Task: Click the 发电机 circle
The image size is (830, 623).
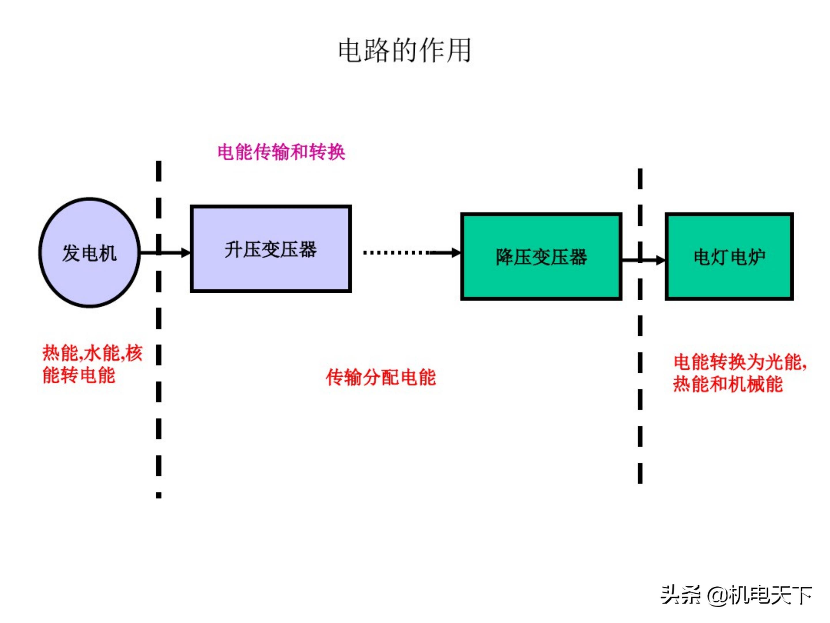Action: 89,253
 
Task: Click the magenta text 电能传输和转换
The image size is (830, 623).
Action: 281,152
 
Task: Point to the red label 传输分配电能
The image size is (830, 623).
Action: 380,377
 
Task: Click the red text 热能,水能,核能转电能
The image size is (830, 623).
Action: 92,364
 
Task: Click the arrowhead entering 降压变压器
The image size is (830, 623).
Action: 456,253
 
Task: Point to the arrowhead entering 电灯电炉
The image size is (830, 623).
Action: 661,260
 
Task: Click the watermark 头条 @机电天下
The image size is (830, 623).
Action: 736,595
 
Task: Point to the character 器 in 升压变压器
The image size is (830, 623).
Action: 308,250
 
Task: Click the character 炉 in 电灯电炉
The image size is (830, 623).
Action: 757,257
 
